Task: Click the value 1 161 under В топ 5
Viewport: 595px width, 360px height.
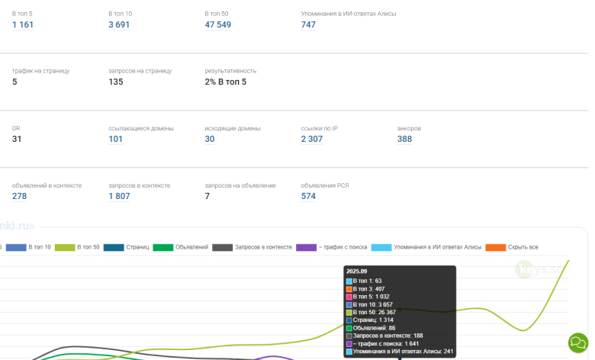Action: point(23,25)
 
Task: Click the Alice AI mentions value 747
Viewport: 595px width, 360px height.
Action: point(308,25)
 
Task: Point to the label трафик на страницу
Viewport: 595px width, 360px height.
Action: point(40,71)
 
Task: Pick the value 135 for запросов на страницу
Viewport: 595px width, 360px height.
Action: point(116,82)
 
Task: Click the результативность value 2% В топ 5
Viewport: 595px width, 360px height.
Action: point(226,82)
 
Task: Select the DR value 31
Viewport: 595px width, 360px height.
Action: point(17,140)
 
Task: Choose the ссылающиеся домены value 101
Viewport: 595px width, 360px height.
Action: point(116,140)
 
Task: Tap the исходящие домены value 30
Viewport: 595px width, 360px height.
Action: point(210,140)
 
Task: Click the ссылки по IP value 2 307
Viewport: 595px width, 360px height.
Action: point(313,140)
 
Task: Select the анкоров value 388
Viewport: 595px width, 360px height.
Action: point(404,140)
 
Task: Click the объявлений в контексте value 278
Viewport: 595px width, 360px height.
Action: point(20,197)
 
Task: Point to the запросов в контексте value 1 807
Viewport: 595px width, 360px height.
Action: point(119,197)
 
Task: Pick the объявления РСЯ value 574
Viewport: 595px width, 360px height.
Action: point(308,197)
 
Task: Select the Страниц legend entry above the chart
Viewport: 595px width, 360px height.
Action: point(126,247)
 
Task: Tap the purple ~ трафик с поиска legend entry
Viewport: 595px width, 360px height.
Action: point(333,247)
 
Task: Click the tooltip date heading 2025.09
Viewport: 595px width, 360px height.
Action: point(357,271)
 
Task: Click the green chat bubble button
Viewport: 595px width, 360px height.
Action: point(578,341)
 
